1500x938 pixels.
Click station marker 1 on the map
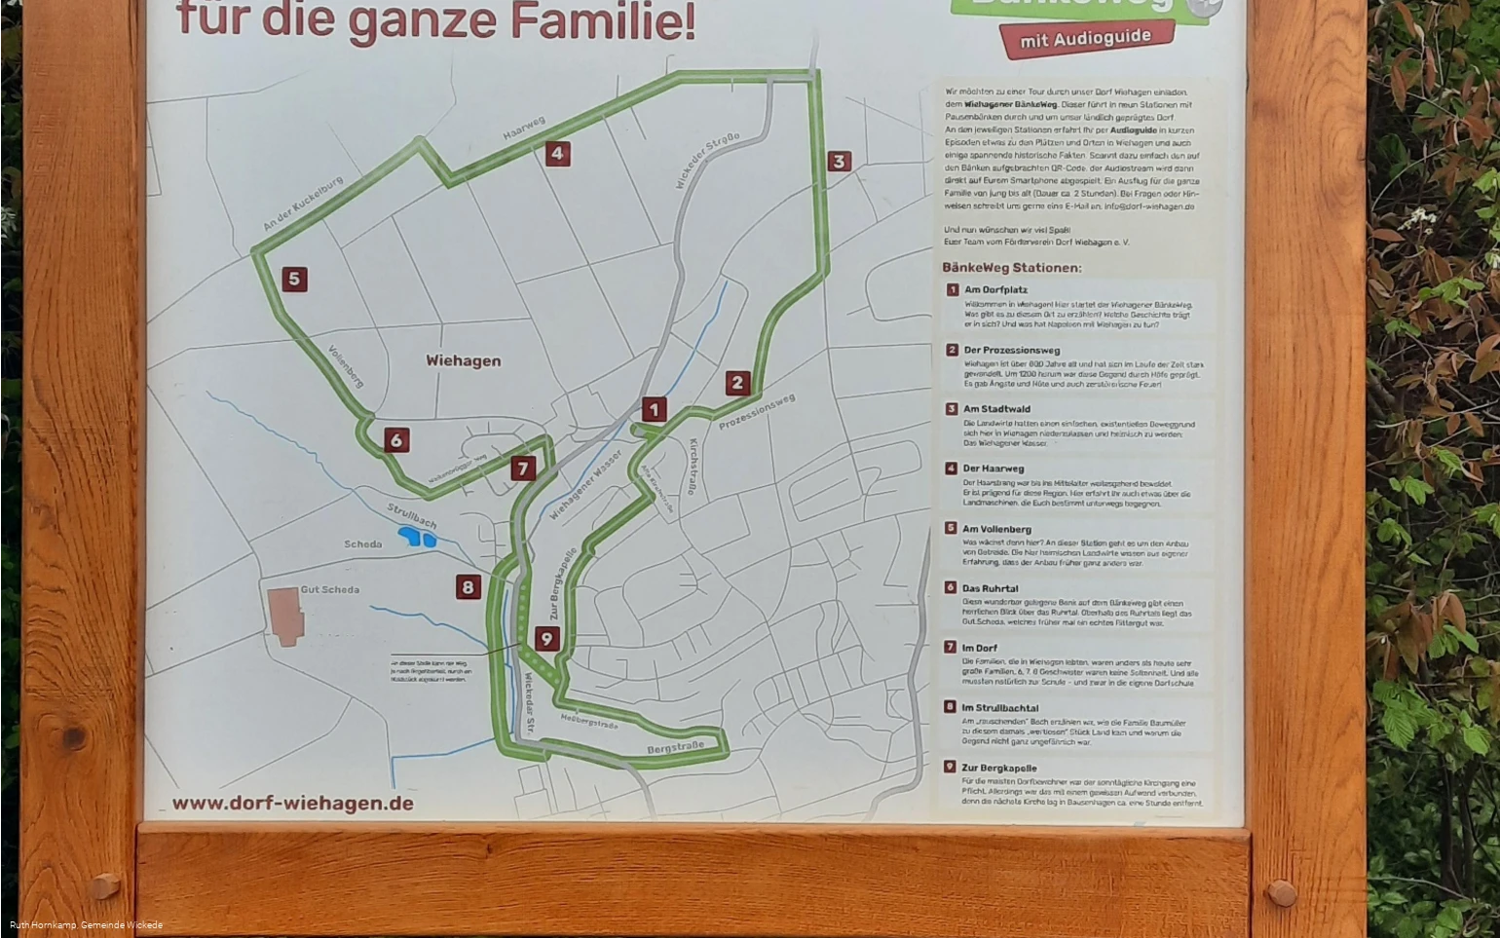[654, 410]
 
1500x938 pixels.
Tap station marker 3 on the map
[839, 161]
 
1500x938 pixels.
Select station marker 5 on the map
[294, 280]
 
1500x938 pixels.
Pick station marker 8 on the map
[469, 586]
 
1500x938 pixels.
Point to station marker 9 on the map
[546, 639]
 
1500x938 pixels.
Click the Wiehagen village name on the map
[464, 360]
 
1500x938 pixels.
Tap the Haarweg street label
[524, 128]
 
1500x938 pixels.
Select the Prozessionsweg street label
[757, 412]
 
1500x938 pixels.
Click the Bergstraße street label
[675, 747]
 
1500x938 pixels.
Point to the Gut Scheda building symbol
[285, 616]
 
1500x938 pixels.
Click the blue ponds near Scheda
[416, 537]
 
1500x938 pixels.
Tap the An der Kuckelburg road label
[303, 204]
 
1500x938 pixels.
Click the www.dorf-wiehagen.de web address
[292, 804]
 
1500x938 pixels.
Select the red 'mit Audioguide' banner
[1085, 39]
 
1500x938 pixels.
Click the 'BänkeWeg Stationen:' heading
[1011, 268]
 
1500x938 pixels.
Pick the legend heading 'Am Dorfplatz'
[995, 289]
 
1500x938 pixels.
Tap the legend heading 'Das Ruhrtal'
[990, 588]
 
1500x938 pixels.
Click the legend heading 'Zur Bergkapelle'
[998, 768]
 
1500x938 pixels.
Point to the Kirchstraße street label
[694, 467]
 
